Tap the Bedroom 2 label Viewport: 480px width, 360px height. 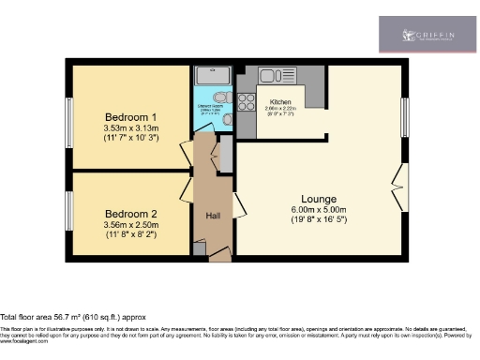(x=130, y=213)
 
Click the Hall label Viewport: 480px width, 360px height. (x=213, y=217)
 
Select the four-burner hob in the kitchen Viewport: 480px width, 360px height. (x=246, y=102)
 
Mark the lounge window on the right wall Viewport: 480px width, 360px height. (x=405, y=116)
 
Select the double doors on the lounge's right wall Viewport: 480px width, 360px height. (x=401, y=186)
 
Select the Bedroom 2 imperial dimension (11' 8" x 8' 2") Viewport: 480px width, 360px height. (x=130, y=235)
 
